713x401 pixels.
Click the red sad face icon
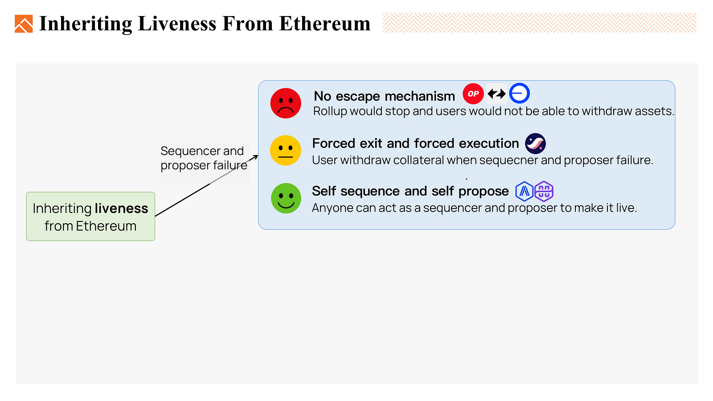286,103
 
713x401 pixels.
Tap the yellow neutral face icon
286,151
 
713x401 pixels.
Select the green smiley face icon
286,198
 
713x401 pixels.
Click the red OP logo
473,94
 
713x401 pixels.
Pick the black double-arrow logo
496,94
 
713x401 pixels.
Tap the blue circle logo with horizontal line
519,94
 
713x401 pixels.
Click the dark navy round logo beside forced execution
535,143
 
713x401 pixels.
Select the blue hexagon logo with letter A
525,191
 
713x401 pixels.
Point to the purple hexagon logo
544,191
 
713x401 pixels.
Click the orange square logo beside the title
24,24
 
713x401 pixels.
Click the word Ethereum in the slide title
324,24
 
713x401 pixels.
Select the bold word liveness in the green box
121,209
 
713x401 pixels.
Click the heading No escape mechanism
384,96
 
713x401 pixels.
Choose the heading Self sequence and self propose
410,191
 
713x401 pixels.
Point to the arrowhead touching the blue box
255,156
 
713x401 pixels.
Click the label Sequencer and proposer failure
203,158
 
